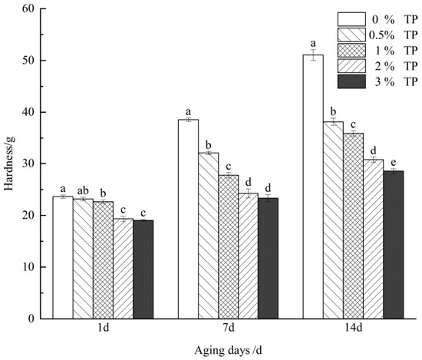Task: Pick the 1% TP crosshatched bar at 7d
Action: click(x=229, y=246)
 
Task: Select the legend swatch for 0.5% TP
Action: click(x=354, y=35)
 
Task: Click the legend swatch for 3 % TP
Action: click(x=354, y=81)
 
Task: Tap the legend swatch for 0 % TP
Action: click(x=354, y=18)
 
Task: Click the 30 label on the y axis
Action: click(x=29, y=164)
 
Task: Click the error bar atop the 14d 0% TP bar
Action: click(x=313, y=54)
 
